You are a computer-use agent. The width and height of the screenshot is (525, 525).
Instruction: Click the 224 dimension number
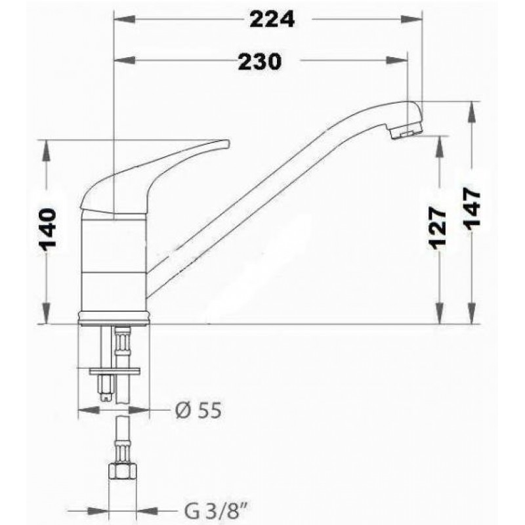[272, 20]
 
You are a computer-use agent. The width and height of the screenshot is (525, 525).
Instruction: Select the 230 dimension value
[260, 62]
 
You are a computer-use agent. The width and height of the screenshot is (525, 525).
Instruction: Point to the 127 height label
[438, 228]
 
